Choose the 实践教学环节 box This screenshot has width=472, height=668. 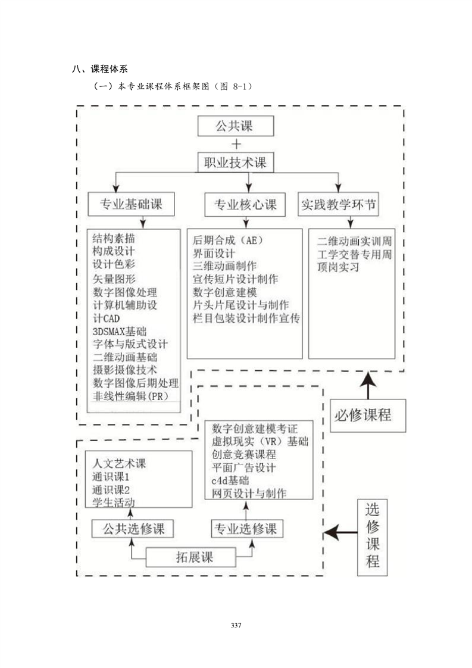[x=338, y=205]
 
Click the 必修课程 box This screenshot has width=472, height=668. [x=367, y=415]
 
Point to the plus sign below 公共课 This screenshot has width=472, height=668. [x=236, y=144]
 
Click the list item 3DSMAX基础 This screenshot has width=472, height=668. [x=120, y=331]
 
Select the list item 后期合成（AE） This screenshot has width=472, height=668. [x=228, y=241]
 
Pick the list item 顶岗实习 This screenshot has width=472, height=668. [x=339, y=267]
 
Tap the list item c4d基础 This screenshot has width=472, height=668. [x=230, y=480]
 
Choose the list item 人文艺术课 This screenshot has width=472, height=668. [x=119, y=463]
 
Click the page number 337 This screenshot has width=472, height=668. [x=236, y=625]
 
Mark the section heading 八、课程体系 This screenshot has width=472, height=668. [x=99, y=69]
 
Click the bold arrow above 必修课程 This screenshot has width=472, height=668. [x=368, y=383]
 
